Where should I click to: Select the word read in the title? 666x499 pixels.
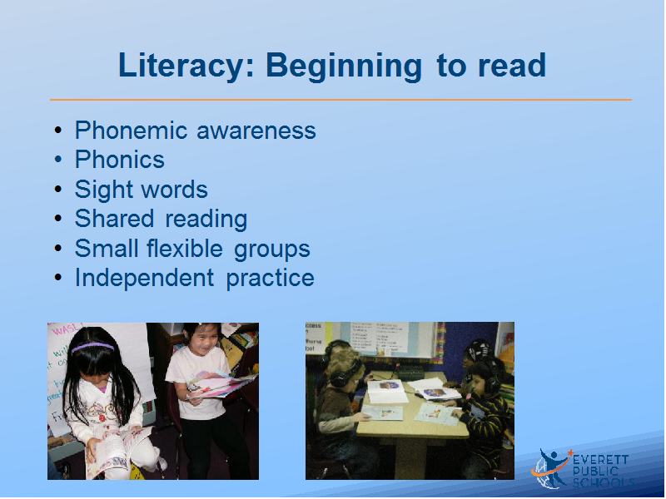(x=512, y=66)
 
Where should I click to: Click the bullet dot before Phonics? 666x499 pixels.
(x=58, y=160)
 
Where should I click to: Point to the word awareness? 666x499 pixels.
(x=256, y=131)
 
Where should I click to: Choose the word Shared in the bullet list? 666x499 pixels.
(x=114, y=219)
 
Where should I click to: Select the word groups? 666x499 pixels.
(x=272, y=250)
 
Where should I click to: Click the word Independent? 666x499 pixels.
(x=144, y=278)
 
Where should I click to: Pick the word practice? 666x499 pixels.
(x=270, y=279)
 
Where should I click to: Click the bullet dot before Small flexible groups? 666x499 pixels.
(x=58, y=248)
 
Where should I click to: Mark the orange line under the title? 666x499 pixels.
(x=340, y=100)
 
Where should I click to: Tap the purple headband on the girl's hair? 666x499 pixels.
(x=92, y=347)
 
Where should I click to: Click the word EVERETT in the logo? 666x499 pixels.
(x=600, y=460)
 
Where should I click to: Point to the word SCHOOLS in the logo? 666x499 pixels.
(x=603, y=482)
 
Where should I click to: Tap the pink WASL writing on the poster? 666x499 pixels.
(x=65, y=329)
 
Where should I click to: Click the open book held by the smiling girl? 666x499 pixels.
(x=220, y=384)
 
